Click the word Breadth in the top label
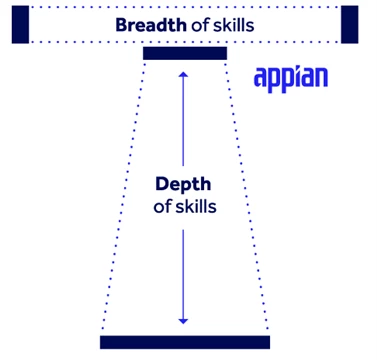tap(151, 25)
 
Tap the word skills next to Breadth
tap(234, 25)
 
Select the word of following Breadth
tap(200, 25)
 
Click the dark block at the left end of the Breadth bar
tap(20, 25)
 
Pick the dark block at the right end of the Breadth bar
tap(350, 25)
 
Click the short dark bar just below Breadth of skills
tap(185, 53)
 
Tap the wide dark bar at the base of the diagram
tap(185, 342)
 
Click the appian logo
tap(291, 79)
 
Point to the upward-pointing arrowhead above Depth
tap(183, 74)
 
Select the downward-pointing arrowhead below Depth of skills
tap(183, 321)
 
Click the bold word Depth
tap(183, 185)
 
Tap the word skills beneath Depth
tap(196, 207)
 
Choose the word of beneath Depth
tap(162, 207)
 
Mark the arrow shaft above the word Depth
tap(183, 120)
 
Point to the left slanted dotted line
tap(124, 195)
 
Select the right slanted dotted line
tap(246, 195)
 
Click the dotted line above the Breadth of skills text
tap(185, 7)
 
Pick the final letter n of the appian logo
tap(321, 79)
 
